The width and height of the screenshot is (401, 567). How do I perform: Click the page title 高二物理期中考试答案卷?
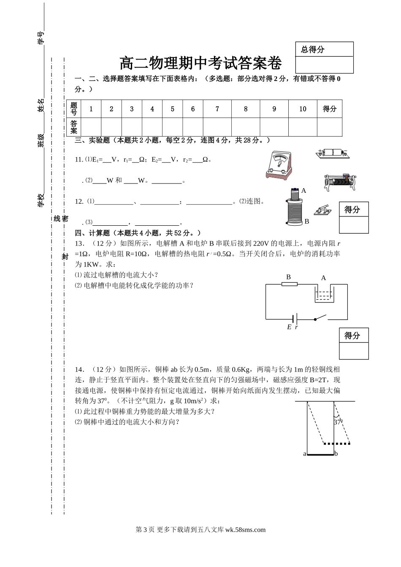[200, 64]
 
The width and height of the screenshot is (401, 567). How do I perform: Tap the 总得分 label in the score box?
[313, 49]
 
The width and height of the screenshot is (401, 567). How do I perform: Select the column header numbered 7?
[217, 109]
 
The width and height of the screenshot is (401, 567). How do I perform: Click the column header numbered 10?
[303, 109]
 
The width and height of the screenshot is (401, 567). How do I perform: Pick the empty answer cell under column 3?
[132, 127]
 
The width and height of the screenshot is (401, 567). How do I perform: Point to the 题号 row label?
[74, 109]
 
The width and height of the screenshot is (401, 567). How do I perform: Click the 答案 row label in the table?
[74, 127]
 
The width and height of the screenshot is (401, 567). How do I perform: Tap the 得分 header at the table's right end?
[330, 109]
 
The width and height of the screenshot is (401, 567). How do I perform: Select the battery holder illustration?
[333, 154]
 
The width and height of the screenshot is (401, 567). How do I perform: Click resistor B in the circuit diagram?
[289, 284]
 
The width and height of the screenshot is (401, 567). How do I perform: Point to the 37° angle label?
[338, 421]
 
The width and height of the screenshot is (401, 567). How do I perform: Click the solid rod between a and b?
[320, 455]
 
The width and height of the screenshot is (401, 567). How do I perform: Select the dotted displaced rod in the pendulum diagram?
[336, 444]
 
